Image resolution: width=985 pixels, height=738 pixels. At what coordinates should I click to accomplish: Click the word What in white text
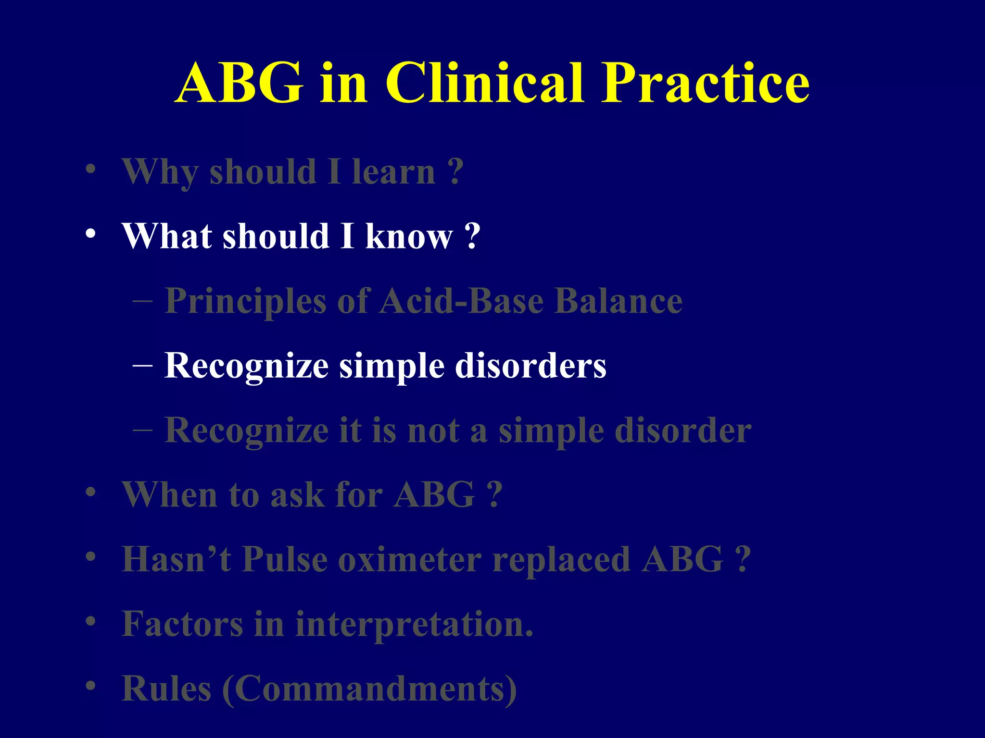pyautogui.click(x=166, y=236)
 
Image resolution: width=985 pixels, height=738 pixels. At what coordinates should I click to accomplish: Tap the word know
pyautogui.click(x=409, y=237)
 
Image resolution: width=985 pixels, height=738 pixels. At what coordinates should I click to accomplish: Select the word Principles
pyautogui.click(x=246, y=302)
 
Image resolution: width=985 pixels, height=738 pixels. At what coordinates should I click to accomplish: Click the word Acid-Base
pyautogui.click(x=462, y=301)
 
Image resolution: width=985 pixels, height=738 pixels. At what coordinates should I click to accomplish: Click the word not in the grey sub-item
pyautogui.click(x=433, y=430)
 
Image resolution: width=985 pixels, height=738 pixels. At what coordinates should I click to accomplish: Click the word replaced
pyautogui.click(x=561, y=559)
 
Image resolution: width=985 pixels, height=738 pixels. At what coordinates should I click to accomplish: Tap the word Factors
pyautogui.click(x=182, y=624)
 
